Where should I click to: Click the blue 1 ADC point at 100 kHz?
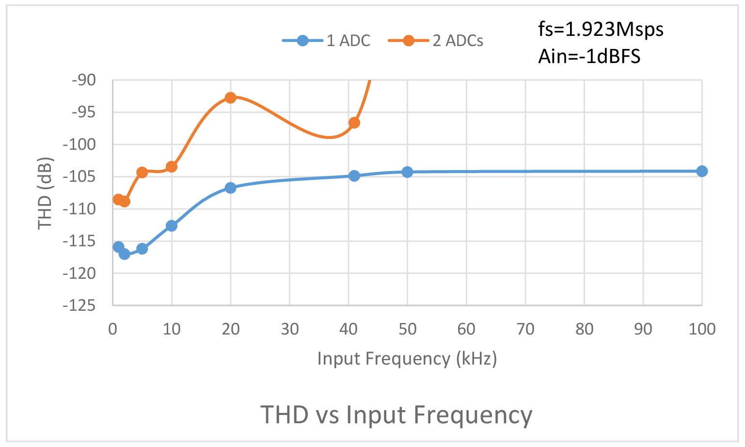pos(701,171)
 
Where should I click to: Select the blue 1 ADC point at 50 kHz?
pos(407,172)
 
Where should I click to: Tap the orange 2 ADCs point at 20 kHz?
pos(230,98)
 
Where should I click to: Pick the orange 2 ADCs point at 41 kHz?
pos(354,123)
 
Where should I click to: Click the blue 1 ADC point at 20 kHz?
pos(230,188)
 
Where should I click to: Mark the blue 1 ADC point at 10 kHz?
pos(172,225)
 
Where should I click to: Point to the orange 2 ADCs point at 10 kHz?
pos(172,167)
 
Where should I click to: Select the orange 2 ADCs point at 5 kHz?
pos(142,172)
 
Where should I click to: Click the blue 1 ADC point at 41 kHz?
pos(354,176)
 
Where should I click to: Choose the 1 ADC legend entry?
pos(327,41)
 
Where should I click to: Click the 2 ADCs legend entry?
pos(436,41)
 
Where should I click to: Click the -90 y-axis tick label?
pos(83,80)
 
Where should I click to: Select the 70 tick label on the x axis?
pos(525,330)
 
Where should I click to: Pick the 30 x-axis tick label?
pos(289,330)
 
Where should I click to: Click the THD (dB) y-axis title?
pos(45,193)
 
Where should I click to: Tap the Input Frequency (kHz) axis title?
pos(407,359)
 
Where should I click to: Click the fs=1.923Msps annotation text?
pos(601,30)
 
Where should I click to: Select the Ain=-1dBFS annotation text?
pos(589,57)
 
